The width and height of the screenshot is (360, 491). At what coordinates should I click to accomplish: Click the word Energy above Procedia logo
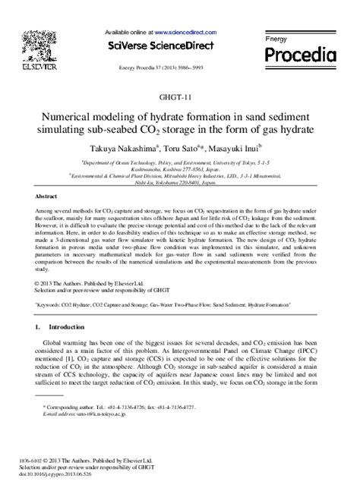(274, 38)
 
